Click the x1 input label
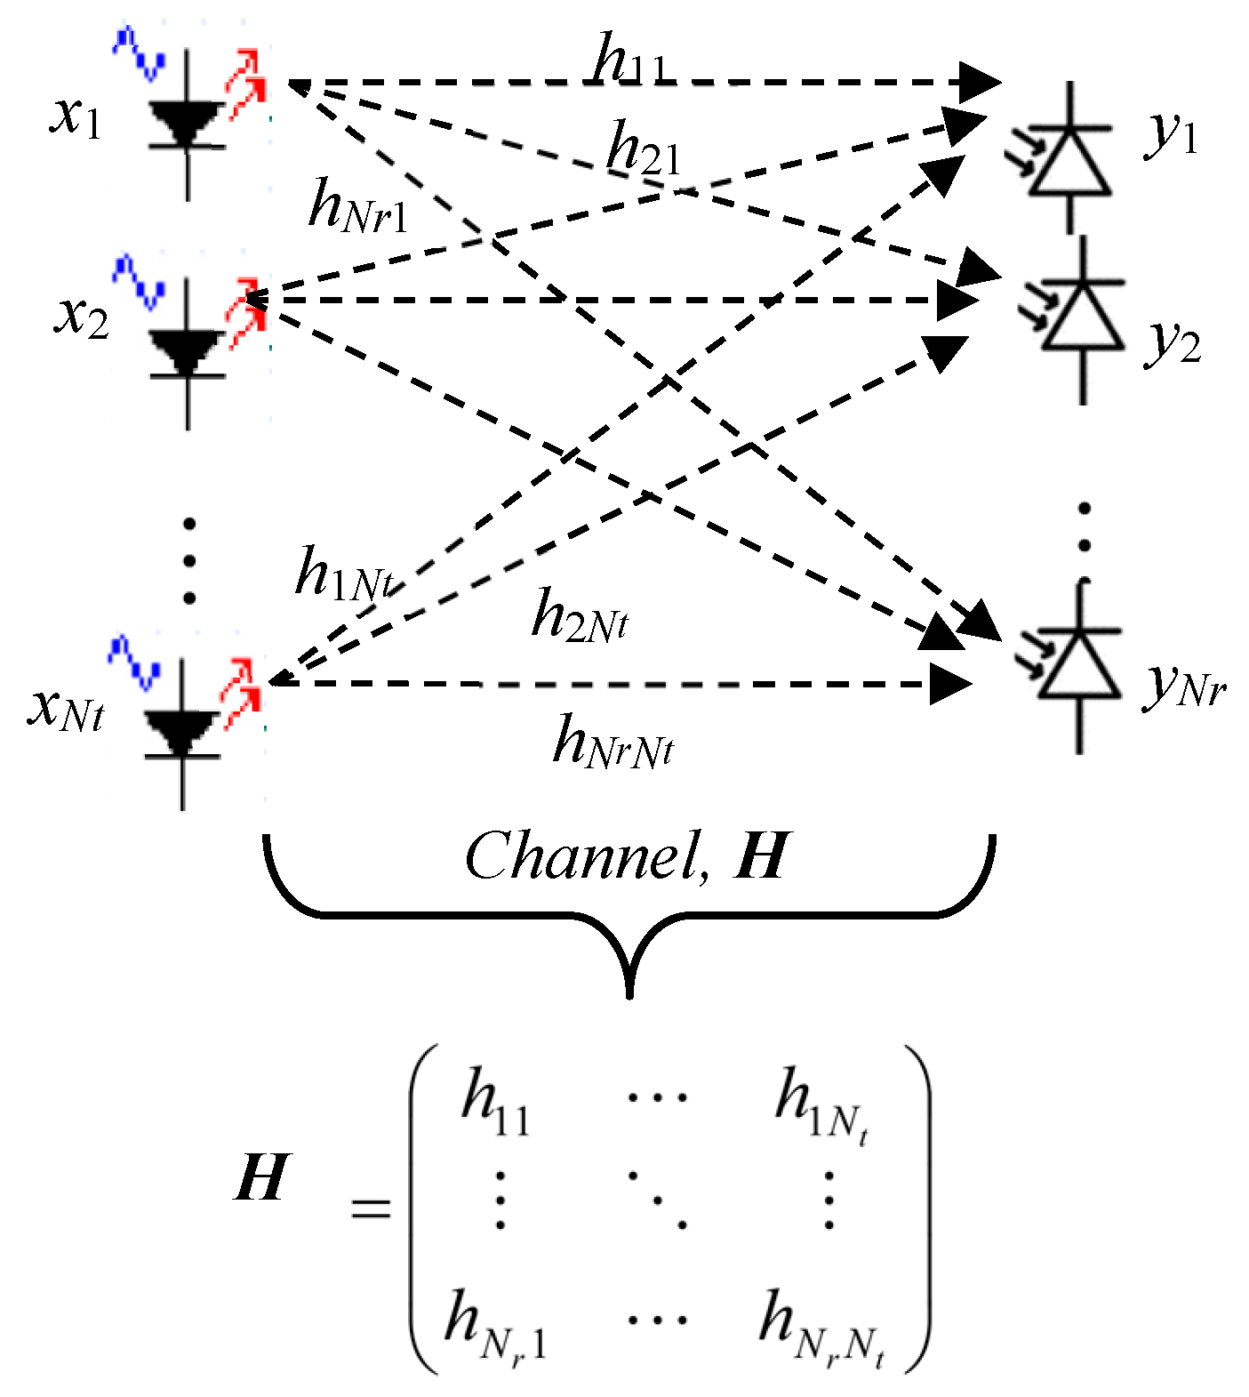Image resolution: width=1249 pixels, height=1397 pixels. [x=76, y=116]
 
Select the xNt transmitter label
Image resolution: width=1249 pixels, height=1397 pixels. [x=67, y=709]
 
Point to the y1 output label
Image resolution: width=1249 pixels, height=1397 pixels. [x=1171, y=134]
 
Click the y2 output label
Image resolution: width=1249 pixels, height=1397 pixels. [x=1173, y=342]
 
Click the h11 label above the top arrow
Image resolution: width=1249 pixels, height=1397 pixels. [x=628, y=60]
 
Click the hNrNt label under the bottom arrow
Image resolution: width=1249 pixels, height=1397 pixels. [x=612, y=743]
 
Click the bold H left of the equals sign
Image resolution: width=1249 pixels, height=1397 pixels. [x=261, y=1178]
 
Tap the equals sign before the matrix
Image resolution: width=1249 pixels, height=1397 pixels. [x=370, y=1208]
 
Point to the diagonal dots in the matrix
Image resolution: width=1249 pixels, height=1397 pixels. [x=658, y=1200]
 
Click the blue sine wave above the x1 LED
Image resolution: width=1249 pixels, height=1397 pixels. [x=139, y=52]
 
